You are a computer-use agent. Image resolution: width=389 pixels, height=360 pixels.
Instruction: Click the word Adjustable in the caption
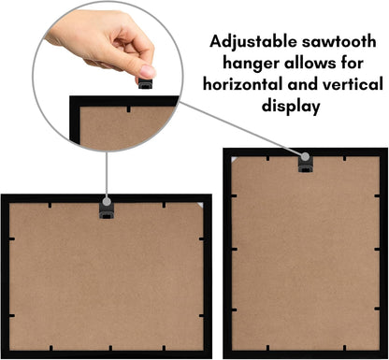tap(253, 42)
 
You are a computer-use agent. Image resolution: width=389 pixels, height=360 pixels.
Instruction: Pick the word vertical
tap(353, 84)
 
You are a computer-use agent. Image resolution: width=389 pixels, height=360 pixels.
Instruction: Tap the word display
tap(291, 106)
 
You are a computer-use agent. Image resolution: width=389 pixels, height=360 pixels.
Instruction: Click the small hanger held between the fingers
tap(145, 83)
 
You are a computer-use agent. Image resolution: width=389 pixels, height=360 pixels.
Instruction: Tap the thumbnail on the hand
tap(147, 71)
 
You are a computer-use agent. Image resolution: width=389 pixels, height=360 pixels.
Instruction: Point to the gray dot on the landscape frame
tap(107, 202)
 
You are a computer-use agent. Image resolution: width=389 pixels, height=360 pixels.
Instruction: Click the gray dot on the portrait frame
tap(305, 156)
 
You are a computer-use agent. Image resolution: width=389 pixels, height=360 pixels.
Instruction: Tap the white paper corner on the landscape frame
tap(200, 205)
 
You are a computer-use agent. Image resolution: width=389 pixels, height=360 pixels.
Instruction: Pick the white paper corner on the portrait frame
tap(234, 159)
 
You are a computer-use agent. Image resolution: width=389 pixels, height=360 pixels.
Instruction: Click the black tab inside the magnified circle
tap(128, 109)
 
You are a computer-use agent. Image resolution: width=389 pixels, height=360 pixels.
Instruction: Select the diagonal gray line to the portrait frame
tap(240, 129)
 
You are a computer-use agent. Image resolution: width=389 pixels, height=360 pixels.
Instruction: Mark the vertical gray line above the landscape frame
tap(107, 175)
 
